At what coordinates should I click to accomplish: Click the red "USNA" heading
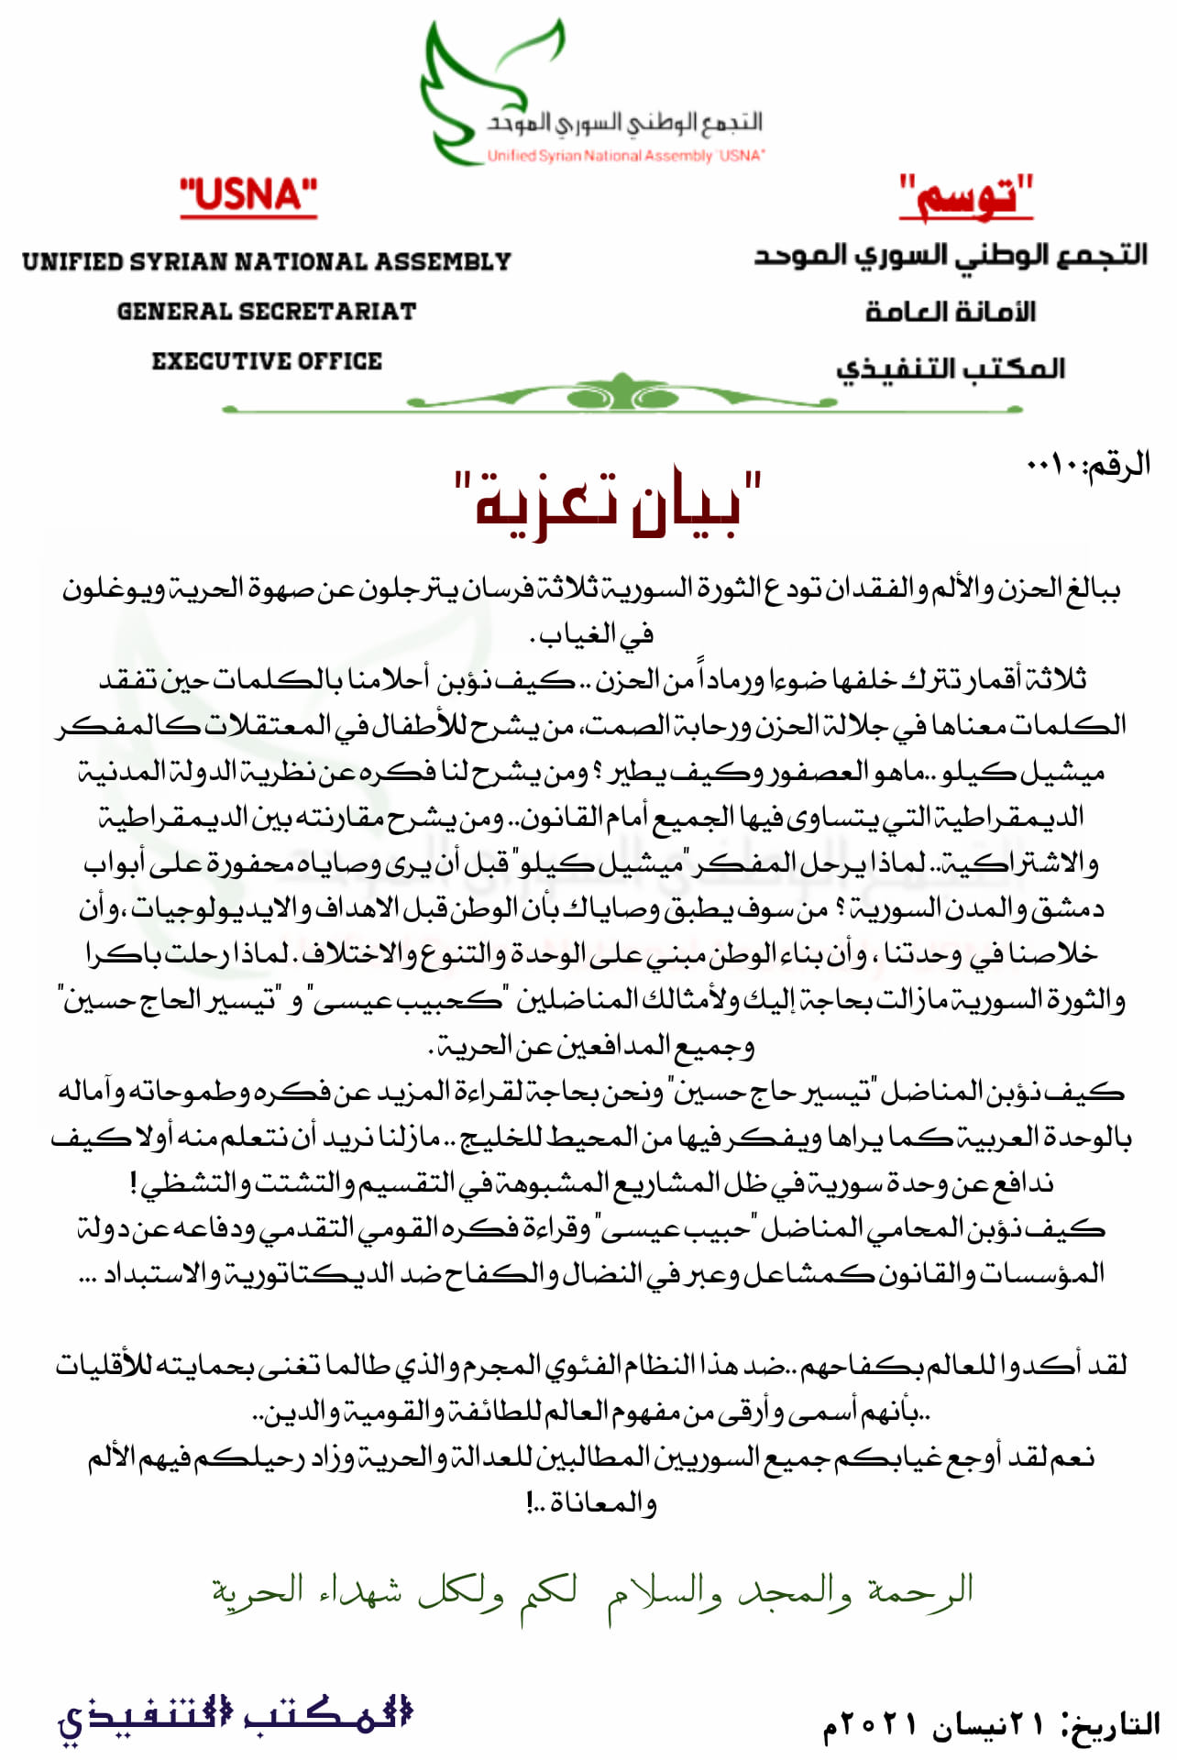248,195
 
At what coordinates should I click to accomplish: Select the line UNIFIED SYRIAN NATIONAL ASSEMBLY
266,262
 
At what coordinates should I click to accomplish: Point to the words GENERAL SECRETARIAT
266,312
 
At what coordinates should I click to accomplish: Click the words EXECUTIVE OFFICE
267,361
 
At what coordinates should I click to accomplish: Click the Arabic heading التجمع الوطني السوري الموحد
951,256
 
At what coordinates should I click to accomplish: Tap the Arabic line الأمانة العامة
951,312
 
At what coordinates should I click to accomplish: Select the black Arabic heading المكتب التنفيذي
951,368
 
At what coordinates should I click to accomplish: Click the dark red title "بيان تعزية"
609,504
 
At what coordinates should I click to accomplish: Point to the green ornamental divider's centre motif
621,394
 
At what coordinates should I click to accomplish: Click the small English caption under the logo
625,156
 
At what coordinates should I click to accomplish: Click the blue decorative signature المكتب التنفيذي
235,1716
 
